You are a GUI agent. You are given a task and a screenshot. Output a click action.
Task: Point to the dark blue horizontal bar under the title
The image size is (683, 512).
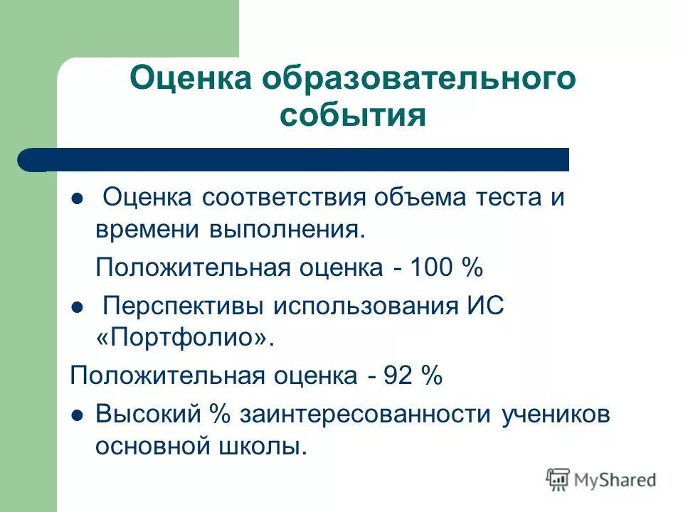[299, 159]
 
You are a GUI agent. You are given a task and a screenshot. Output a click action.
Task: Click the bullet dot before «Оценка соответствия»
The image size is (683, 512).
[78, 198]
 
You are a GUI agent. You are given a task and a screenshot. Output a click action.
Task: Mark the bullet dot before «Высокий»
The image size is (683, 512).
[78, 415]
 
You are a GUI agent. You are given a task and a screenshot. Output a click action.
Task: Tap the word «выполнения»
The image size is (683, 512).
[285, 230]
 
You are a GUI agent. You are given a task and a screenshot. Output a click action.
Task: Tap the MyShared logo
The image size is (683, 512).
[601, 479]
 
